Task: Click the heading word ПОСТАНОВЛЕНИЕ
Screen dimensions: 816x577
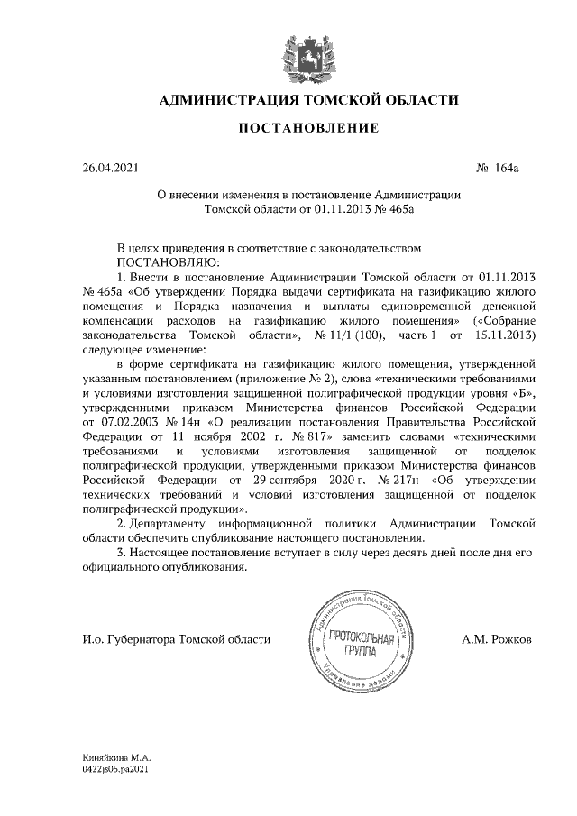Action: pos(307,129)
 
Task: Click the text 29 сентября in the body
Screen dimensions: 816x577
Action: pos(288,481)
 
